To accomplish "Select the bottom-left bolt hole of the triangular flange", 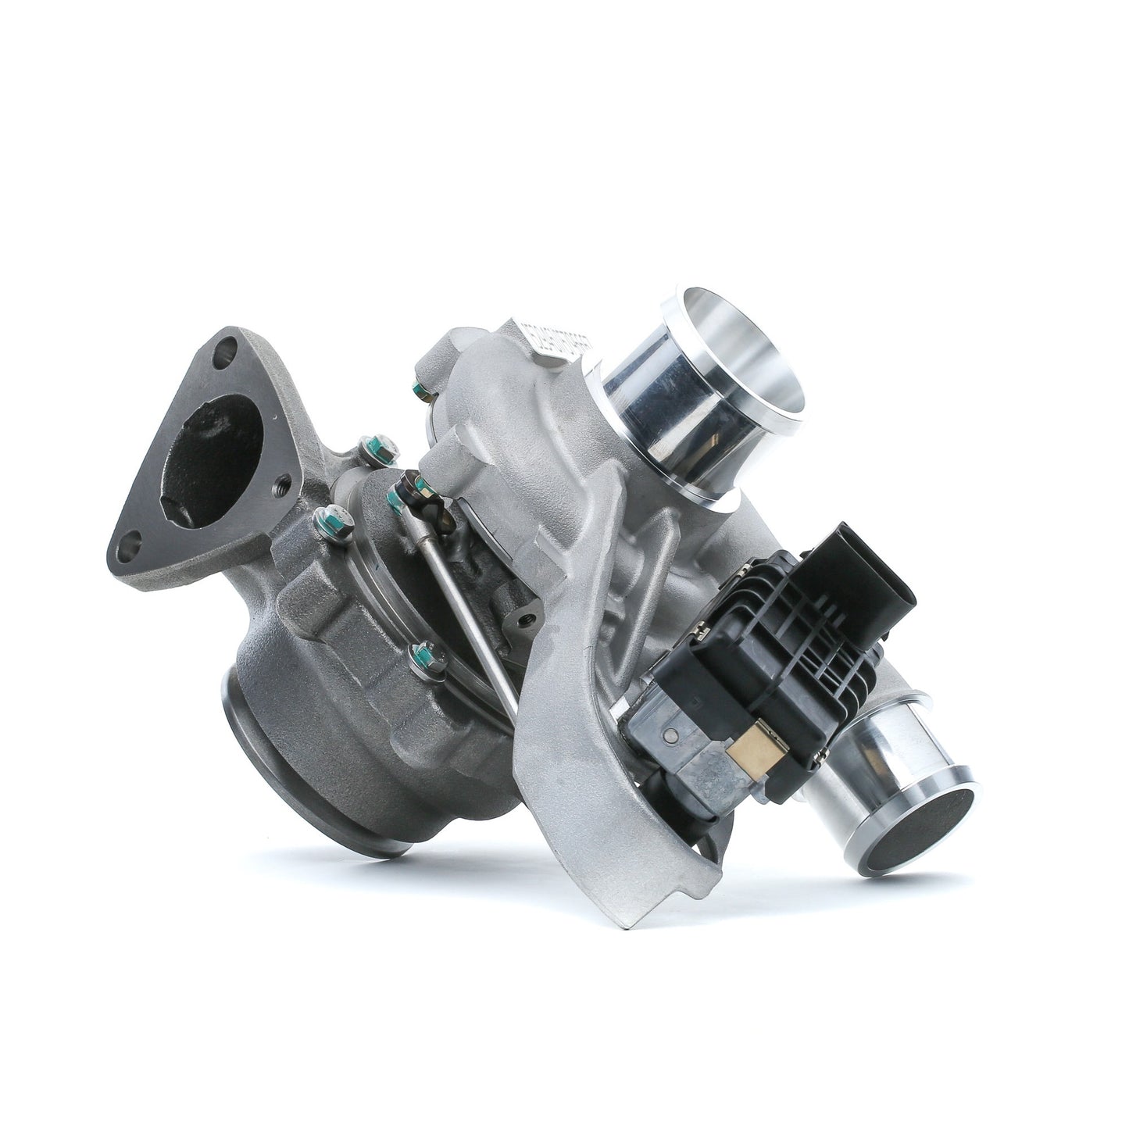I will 134,545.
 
